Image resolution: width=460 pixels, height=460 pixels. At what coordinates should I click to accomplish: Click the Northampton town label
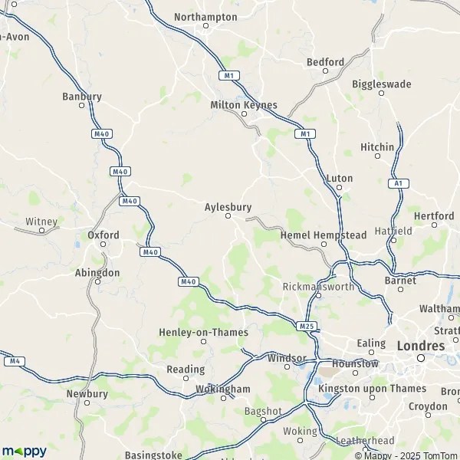pos(205,16)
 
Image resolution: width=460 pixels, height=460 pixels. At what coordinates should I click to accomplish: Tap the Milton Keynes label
pos(244,105)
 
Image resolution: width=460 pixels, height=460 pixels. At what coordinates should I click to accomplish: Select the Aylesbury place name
pos(228,206)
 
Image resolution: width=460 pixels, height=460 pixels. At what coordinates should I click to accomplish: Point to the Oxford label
pos(103,235)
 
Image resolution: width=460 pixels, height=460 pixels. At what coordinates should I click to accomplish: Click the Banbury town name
pos(82,97)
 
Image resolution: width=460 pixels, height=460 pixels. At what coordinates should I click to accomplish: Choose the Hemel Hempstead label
pos(324,235)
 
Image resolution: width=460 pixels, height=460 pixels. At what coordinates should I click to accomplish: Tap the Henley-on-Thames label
pos(203,332)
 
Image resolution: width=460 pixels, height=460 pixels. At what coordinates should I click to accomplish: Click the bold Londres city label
pos(420,346)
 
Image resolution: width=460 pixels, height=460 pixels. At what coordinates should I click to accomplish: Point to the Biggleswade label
pos(382,84)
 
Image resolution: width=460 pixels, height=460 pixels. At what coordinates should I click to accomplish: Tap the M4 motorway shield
pos(12,360)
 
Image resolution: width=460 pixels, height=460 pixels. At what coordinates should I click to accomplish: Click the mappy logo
pos(24,451)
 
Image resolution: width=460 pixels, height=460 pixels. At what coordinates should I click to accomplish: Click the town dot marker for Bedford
pos(325,71)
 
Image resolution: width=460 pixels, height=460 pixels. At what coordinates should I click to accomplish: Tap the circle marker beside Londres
pos(420,358)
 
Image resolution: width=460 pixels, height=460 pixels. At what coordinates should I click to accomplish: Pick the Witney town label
pos(41,222)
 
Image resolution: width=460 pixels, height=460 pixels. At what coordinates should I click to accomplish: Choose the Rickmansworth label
pos(317,287)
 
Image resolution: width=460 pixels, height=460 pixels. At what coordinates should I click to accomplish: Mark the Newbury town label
pos(87,394)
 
